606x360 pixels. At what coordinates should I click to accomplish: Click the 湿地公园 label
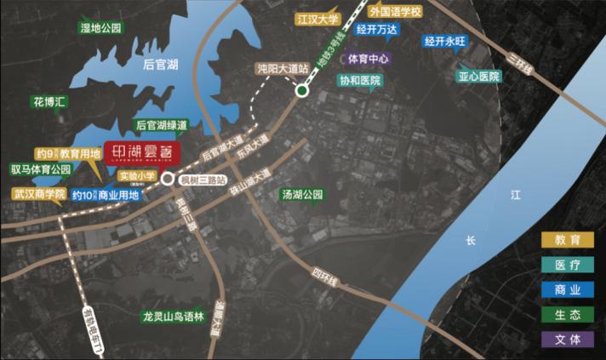(x=102, y=28)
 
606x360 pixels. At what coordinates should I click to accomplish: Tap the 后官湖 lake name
(x=160, y=64)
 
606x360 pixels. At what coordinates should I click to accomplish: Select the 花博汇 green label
(x=49, y=101)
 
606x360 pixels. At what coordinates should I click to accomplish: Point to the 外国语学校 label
(x=396, y=12)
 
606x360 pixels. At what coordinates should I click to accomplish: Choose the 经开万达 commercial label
(x=378, y=29)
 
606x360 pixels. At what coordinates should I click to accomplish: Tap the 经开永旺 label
(x=447, y=40)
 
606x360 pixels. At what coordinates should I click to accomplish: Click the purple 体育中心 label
(x=369, y=60)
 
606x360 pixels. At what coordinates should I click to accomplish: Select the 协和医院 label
(x=360, y=80)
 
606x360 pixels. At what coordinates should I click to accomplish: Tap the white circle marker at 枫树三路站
(x=167, y=180)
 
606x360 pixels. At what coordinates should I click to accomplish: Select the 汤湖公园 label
(x=304, y=195)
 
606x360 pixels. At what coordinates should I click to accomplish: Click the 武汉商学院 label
(x=38, y=194)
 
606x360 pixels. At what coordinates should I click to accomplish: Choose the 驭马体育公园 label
(x=40, y=169)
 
